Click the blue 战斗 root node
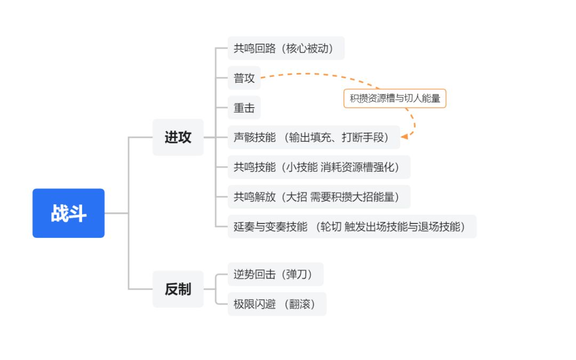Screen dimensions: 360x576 68,213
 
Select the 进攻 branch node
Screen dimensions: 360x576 178,137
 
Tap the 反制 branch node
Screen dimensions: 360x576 178,289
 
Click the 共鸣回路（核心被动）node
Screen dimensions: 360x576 286,48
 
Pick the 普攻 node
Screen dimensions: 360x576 244,78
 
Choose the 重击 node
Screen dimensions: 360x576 244,108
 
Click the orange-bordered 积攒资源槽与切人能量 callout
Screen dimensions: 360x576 395,98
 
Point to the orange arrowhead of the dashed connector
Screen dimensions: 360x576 404,137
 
